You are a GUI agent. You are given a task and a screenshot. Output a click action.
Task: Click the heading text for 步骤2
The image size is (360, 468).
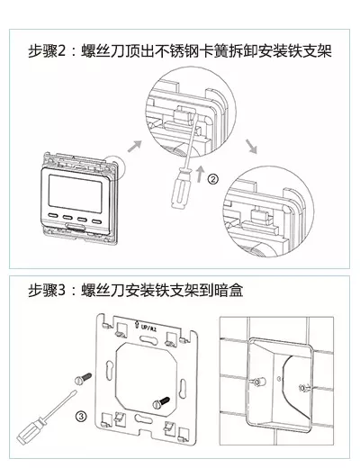tap(180, 51)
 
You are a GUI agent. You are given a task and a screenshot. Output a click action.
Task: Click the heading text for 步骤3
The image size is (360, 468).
tap(135, 290)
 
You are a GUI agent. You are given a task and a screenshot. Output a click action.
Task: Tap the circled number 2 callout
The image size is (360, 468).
tap(213, 179)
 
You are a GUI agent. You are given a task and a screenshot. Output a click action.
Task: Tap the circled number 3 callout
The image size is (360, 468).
tap(81, 416)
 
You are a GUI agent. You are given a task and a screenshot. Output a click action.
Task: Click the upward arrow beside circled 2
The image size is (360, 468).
tap(200, 175)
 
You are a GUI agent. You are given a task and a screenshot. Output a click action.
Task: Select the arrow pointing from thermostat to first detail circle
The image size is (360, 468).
tap(134, 146)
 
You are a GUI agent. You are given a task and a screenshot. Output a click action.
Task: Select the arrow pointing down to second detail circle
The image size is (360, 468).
tap(251, 147)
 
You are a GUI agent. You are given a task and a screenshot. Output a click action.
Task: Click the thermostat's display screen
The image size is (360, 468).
tap(75, 193)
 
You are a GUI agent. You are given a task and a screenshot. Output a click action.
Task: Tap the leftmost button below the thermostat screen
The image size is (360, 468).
tap(53, 215)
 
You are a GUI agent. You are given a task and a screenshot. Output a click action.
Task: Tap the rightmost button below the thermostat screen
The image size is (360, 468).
tap(97, 222)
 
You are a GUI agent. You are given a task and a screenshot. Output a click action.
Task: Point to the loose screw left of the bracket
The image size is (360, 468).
tap(83, 378)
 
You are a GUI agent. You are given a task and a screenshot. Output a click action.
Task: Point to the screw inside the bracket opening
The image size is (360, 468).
tap(161, 402)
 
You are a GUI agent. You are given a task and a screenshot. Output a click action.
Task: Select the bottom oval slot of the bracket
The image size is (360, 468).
tap(144, 418)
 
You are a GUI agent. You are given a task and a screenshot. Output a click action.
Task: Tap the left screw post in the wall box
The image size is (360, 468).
tap(257, 382)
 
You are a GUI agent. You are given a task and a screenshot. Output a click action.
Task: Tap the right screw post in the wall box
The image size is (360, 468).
tap(304, 388)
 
